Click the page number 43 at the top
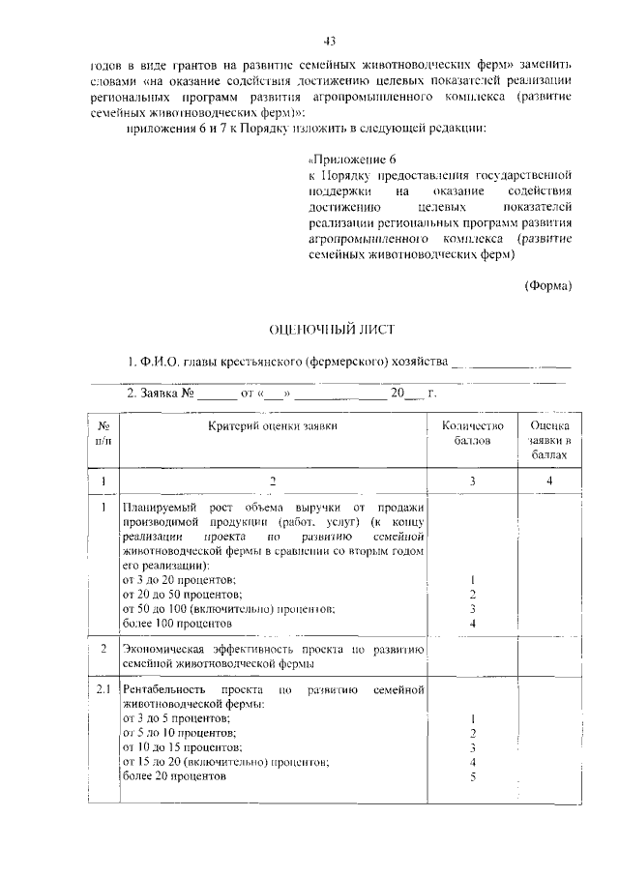tap(329, 40)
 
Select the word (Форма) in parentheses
tap(548, 285)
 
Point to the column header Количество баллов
tap(473, 433)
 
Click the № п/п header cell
tap(103, 433)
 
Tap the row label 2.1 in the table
tap(103, 689)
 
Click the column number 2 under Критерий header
tap(273, 481)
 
